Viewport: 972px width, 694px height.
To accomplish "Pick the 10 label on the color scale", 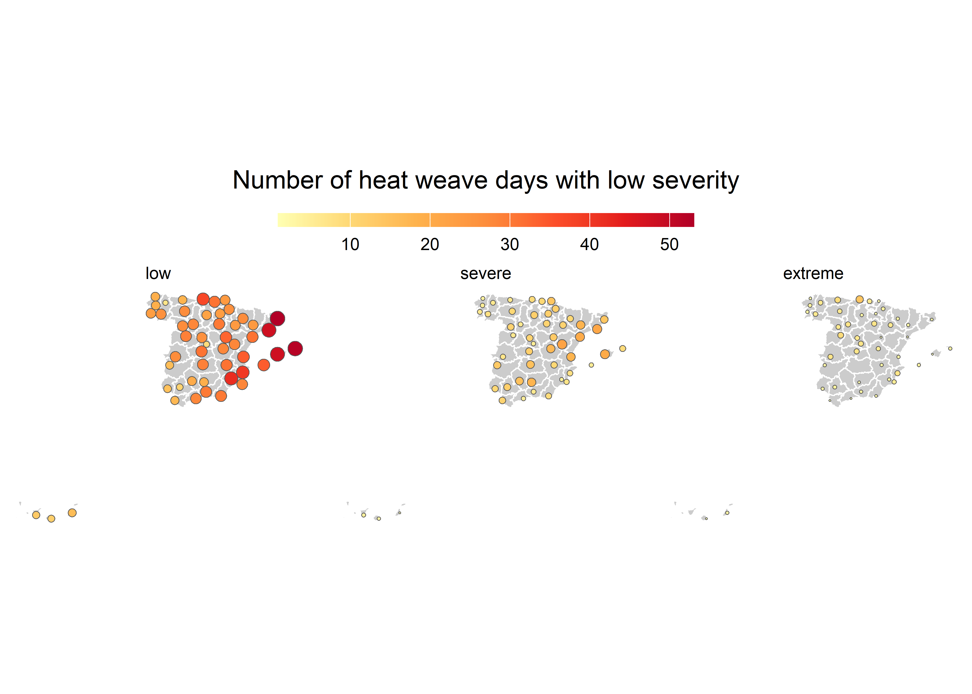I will click(x=350, y=245).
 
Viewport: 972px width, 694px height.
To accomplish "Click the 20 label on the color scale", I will click(x=430, y=245).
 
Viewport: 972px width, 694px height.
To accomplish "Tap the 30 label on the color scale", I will click(x=510, y=245).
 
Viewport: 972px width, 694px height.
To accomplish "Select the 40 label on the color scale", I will click(x=589, y=245).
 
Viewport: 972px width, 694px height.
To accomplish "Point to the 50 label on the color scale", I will click(x=669, y=245).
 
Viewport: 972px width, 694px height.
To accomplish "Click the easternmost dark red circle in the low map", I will click(x=295, y=349).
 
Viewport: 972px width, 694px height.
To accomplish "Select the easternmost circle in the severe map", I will click(x=623, y=349).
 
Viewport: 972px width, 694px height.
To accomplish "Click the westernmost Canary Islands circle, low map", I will click(x=36, y=515).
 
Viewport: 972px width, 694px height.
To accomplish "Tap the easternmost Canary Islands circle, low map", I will click(x=72, y=513).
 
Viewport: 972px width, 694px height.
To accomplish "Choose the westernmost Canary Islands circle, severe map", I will click(x=364, y=515).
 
